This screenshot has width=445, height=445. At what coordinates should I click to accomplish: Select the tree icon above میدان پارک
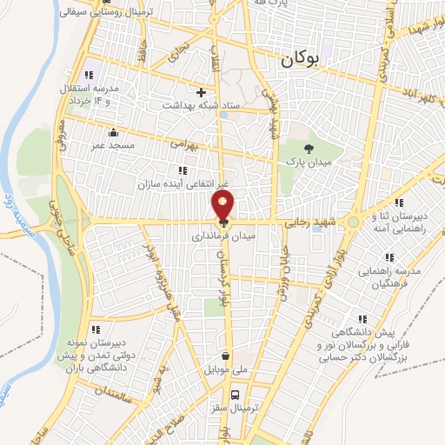tap(309, 148)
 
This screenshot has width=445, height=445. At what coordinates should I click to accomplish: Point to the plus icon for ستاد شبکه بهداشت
tap(202, 91)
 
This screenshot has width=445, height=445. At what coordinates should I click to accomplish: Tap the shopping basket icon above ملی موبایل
tap(226, 355)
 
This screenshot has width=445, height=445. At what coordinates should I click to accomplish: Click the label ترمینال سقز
tap(229, 406)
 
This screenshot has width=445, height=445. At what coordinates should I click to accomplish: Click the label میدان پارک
tap(309, 162)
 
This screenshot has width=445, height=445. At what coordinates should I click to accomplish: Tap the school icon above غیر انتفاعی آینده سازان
tap(183, 170)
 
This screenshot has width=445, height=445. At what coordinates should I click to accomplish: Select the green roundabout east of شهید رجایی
tap(352, 222)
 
